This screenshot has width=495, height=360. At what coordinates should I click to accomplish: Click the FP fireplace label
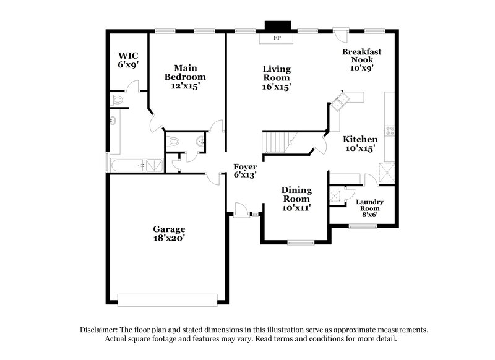277,38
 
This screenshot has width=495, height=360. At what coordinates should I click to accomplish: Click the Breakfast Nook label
359,56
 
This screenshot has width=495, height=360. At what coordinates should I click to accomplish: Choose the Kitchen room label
360,139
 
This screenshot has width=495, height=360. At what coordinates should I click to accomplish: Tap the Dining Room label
296,195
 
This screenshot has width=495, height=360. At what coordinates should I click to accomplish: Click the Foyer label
245,167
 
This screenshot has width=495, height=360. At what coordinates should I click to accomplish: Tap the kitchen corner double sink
339,101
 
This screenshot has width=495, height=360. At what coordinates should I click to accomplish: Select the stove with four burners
390,131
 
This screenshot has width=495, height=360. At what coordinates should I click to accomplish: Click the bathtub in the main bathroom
127,165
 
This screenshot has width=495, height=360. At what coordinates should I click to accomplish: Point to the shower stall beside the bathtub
157,165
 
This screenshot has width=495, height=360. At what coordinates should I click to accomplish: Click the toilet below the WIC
117,100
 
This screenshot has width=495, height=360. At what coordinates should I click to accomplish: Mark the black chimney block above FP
277,26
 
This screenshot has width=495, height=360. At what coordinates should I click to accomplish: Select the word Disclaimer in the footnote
100,330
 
